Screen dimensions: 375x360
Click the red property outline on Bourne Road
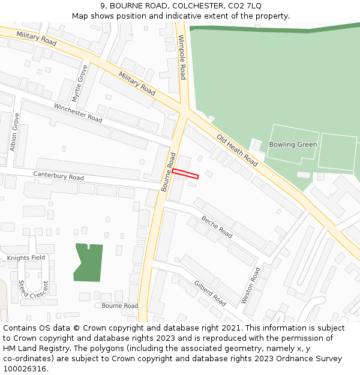185,174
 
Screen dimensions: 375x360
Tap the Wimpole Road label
182,57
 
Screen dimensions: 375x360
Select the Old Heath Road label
237,150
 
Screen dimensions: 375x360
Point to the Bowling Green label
293,145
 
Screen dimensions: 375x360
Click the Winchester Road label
78,112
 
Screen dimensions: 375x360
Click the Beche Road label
217,226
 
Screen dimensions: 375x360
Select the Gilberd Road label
209,293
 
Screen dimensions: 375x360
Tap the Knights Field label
26,257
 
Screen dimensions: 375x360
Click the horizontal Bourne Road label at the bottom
119,305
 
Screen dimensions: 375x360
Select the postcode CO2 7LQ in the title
245,6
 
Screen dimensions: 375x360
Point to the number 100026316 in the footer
26,368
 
